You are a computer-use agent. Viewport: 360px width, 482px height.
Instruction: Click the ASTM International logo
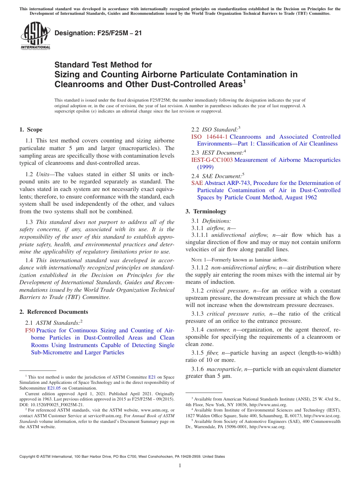[x=35, y=36]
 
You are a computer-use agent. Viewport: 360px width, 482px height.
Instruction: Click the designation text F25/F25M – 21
[x=98, y=33]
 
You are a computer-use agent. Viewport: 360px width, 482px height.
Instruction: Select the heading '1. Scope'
[x=31, y=130]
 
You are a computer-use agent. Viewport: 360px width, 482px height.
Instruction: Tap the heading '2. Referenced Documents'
[x=54, y=312]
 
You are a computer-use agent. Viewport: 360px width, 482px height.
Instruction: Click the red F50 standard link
[x=30, y=330]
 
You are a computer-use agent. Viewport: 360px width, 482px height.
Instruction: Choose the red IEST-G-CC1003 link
[x=212, y=160]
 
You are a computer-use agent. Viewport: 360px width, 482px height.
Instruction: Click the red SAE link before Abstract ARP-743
[x=197, y=183]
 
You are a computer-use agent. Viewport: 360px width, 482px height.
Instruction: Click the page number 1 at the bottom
[x=180, y=466]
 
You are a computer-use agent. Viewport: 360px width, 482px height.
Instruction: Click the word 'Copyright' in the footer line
[x=28, y=457]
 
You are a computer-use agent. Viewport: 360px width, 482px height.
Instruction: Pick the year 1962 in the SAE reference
[x=310, y=197]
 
